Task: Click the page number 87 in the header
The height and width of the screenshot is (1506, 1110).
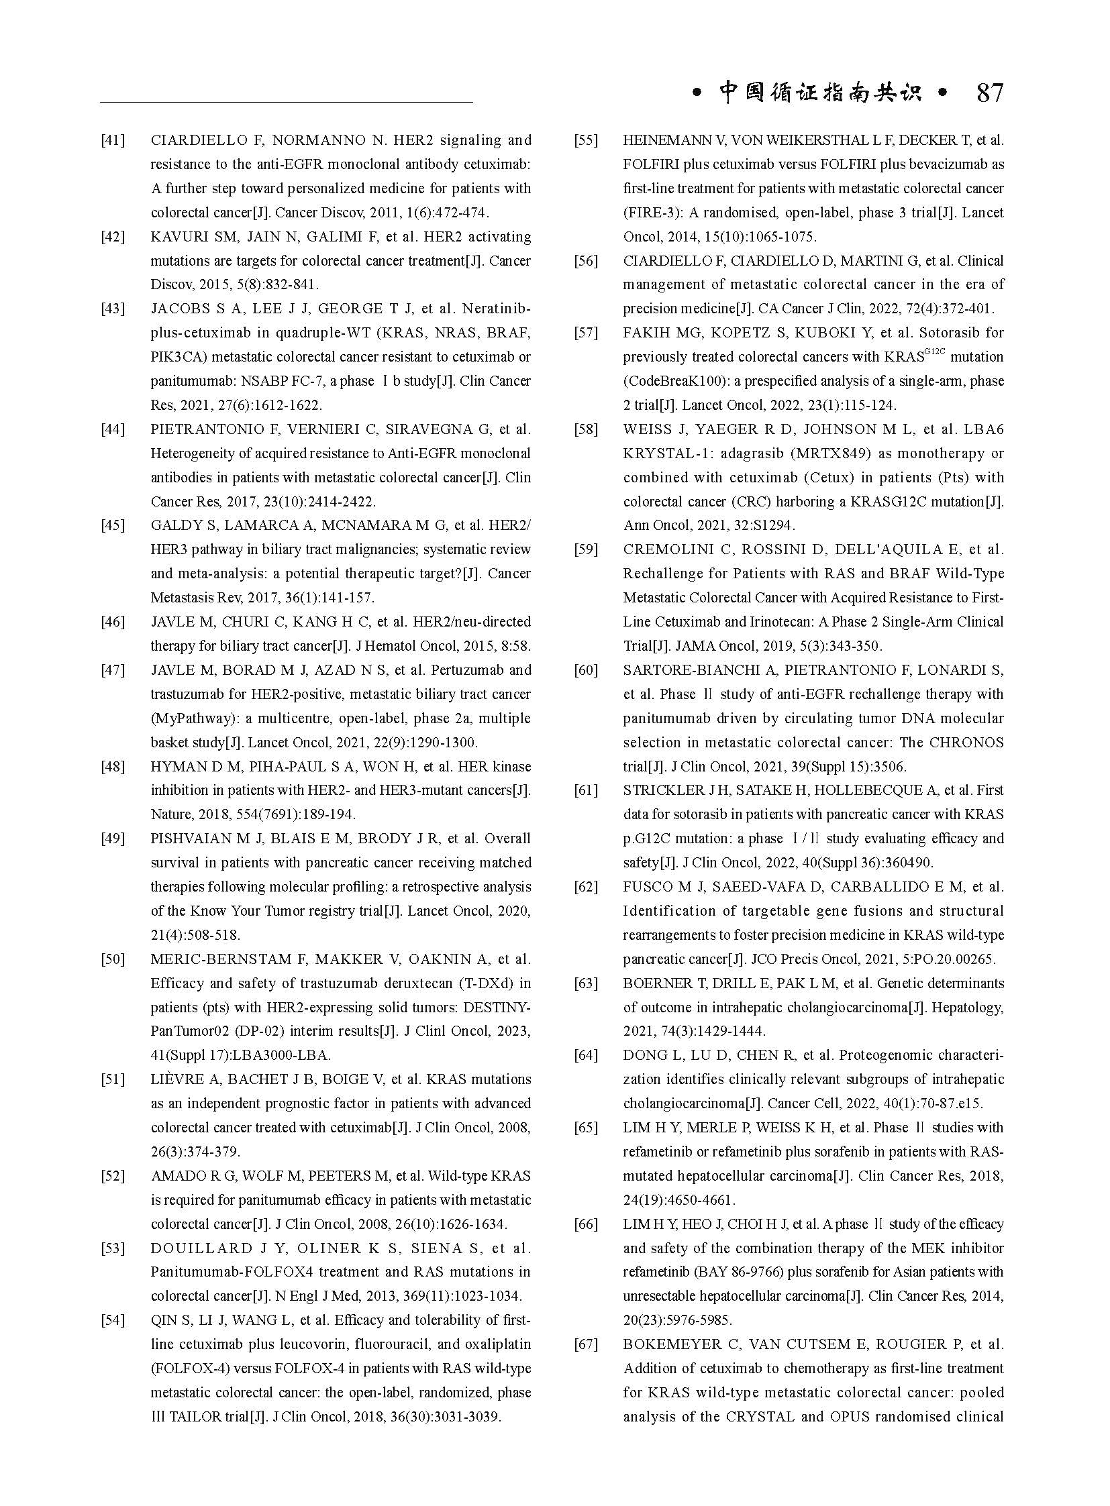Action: tap(989, 93)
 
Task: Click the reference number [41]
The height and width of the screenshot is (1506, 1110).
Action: tap(113, 140)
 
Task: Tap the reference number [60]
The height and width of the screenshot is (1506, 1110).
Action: tap(586, 669)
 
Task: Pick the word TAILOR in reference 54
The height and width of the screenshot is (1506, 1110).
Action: tap(203, 1417)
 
